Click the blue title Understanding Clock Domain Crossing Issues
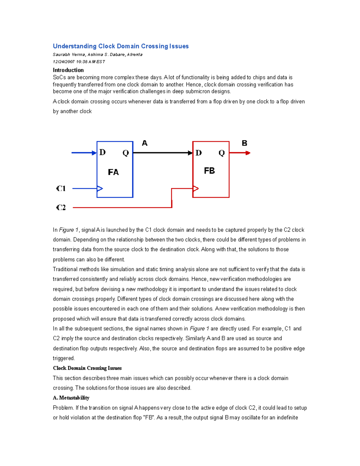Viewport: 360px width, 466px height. tap(121, 46)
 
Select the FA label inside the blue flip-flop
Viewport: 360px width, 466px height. tap(113, 172)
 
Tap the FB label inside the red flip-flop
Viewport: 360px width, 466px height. tap(209, 171)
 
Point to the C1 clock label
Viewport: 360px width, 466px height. tap(61, 188)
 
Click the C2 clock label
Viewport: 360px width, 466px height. tap(61, 207)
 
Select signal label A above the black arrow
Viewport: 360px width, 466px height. tap(145, 143)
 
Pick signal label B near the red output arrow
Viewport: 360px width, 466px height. tap(244, 143)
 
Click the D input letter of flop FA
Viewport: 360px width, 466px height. tap(103, 152)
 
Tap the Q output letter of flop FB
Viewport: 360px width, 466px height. tap(222, 153)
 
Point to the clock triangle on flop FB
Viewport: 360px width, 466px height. tap(196, 188)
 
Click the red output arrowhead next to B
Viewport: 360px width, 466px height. tap(248, 153)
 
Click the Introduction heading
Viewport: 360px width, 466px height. tap(68, 70)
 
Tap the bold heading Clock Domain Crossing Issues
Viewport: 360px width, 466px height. tap(87, 368)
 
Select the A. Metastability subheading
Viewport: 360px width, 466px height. tap(71, 398)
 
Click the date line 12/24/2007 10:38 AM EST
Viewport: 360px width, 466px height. tap(79, 62)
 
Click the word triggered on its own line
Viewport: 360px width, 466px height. tap(64, 358)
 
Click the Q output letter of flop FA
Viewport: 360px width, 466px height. tap(126, 153)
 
